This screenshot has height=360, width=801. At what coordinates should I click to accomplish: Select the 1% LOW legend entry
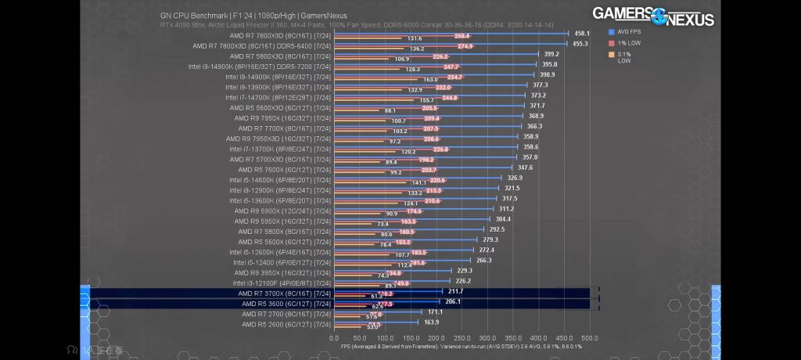point(627,43)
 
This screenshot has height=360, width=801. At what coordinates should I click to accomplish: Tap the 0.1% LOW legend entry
point(627,57)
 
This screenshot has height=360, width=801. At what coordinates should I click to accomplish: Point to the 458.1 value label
point(582,34)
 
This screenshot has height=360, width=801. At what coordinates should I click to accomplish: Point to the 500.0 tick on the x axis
point(590,338)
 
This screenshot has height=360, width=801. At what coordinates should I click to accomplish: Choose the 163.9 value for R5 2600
point(431,322)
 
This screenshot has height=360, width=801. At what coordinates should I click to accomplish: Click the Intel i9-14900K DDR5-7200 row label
point(260,67)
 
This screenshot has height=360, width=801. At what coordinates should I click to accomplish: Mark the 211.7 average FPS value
point(456,291)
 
